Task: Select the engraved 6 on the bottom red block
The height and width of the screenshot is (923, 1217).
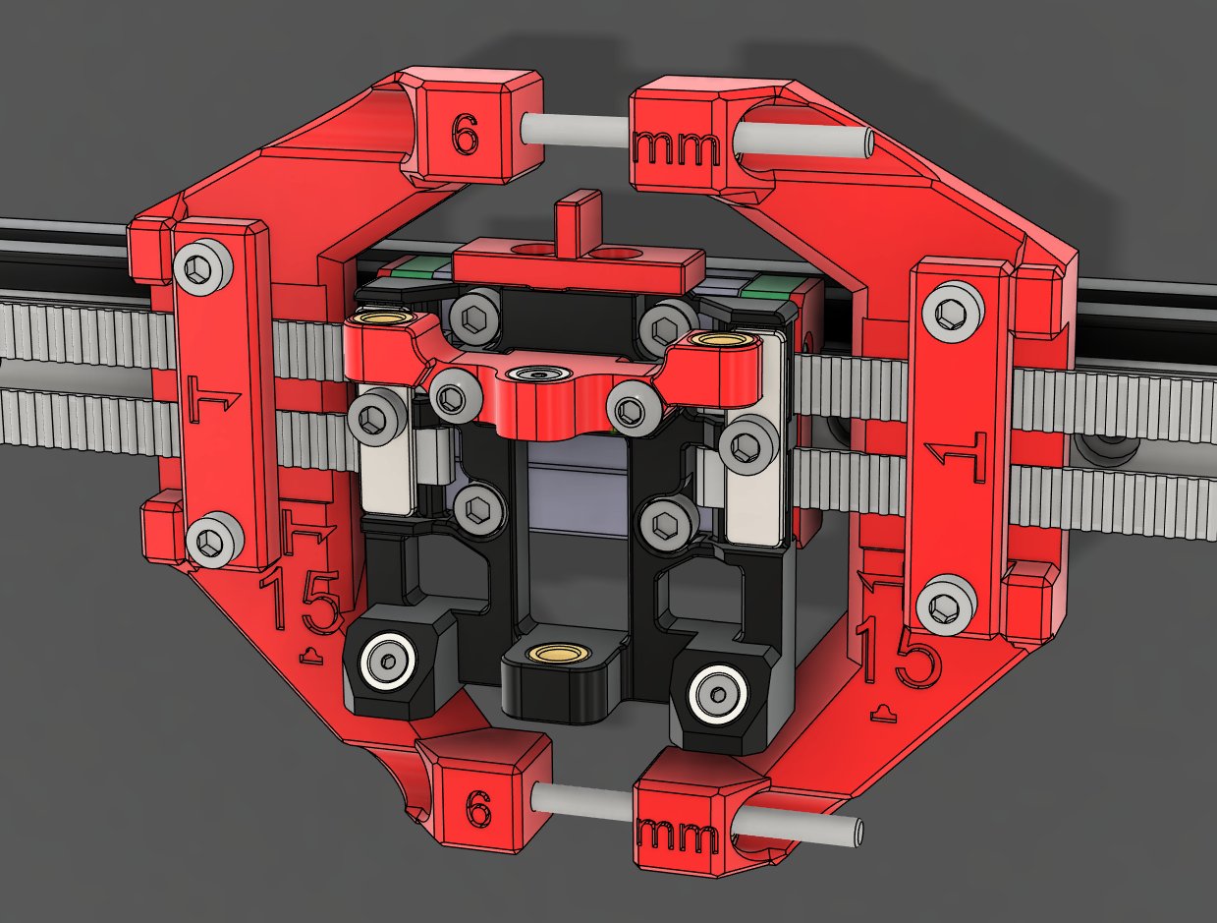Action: tap(477, 810)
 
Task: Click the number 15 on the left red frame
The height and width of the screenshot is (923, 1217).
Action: tap(302, 602)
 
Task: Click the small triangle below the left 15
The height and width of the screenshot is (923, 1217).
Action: tap(311, 655)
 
